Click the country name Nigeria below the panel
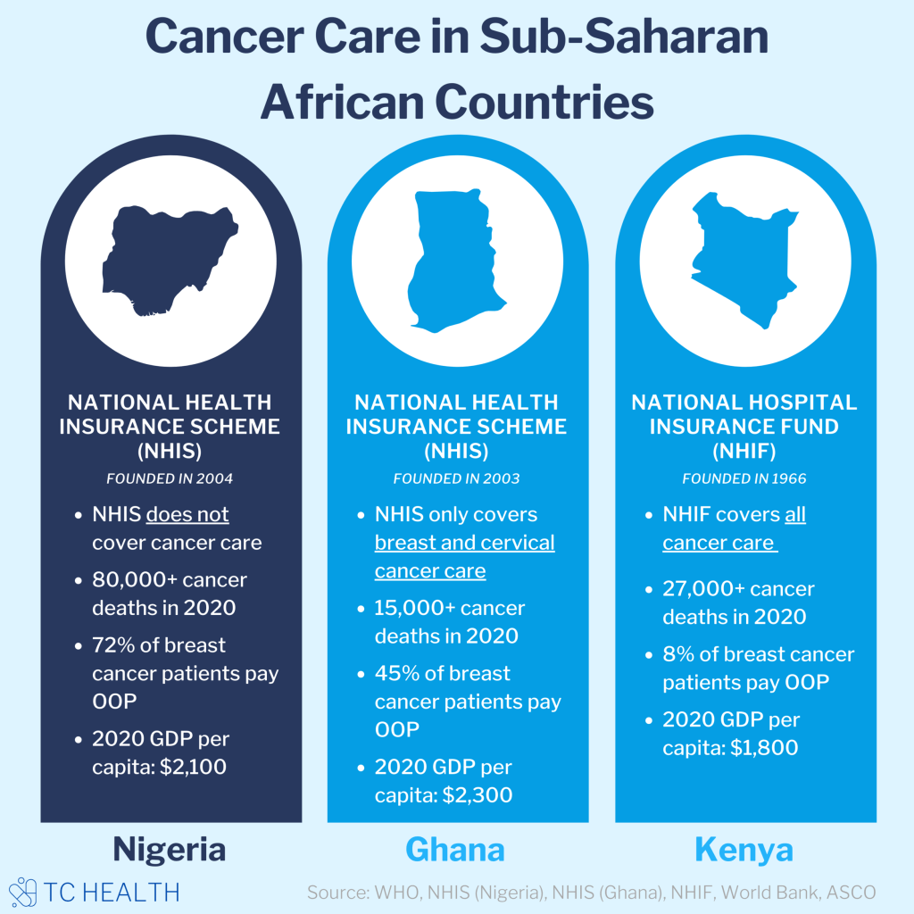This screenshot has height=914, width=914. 170,849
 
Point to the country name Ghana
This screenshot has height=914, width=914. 455,849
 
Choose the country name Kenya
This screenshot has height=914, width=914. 744,849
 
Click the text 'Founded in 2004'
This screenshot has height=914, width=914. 170,478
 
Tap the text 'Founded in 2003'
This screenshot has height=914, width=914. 456,478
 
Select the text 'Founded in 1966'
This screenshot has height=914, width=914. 744,478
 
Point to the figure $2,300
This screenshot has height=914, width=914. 478,794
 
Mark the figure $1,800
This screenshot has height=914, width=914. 763,747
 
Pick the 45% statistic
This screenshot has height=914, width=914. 396,673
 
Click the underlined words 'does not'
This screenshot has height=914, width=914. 187,515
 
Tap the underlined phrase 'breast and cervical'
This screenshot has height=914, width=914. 464,543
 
